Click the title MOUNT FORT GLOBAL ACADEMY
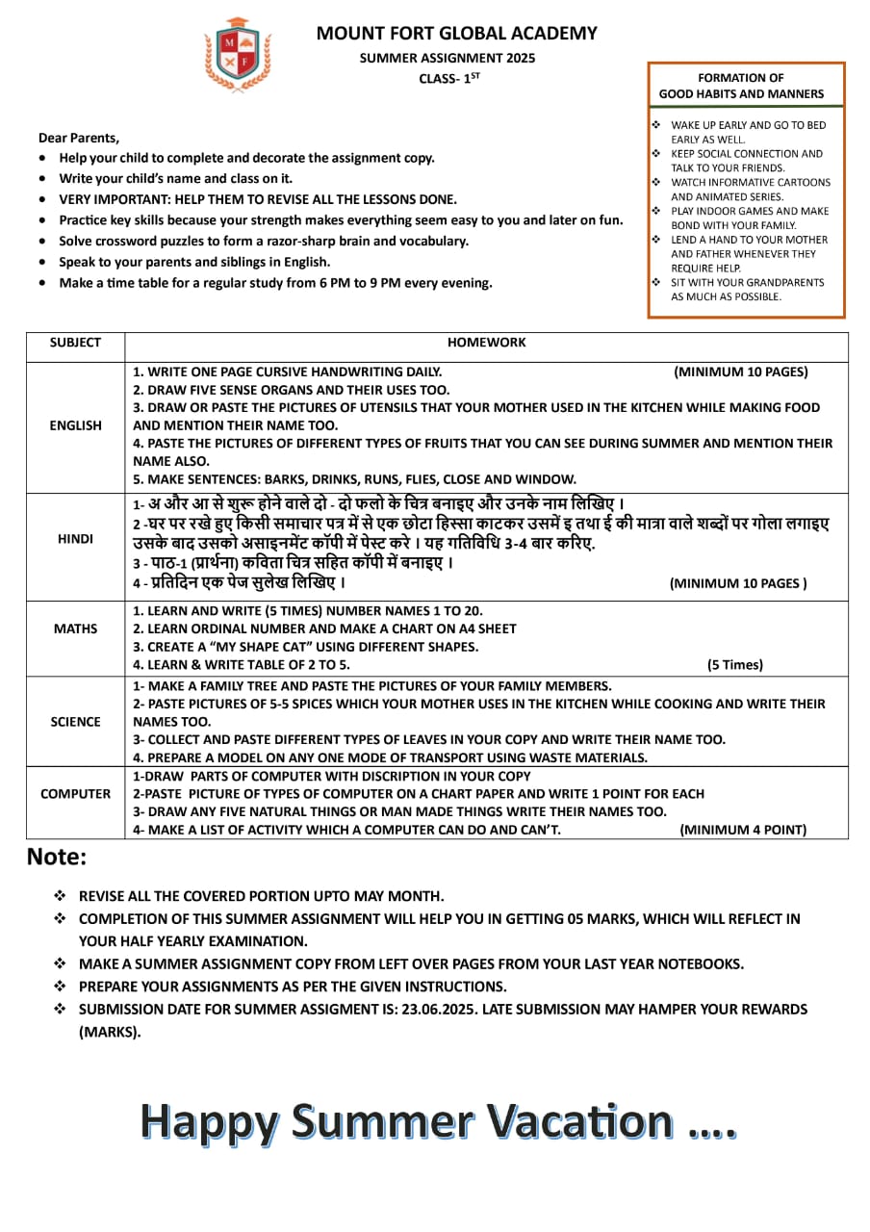(x=457, y=34)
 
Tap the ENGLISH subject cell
(x=75, y=425)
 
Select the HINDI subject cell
(x=75, y=539)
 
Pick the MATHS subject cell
(x=75, y=629)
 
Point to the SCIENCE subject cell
(x=75, y=721)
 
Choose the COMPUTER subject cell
(x=75, y=794)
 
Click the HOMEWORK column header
(x=486, y=343)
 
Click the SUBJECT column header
(x=75, y=343)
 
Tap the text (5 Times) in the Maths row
(x=734, y=665)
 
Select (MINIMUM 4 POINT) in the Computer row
(x=743, y=830)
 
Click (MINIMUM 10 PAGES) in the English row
(x=740, y=372)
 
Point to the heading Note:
(x=57, y=857)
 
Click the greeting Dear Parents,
(x=79, y=138)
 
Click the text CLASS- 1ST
(x=448, y=79)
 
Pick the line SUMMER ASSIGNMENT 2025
(x=448, y=58)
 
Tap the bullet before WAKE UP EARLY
(x=656, y=125)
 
